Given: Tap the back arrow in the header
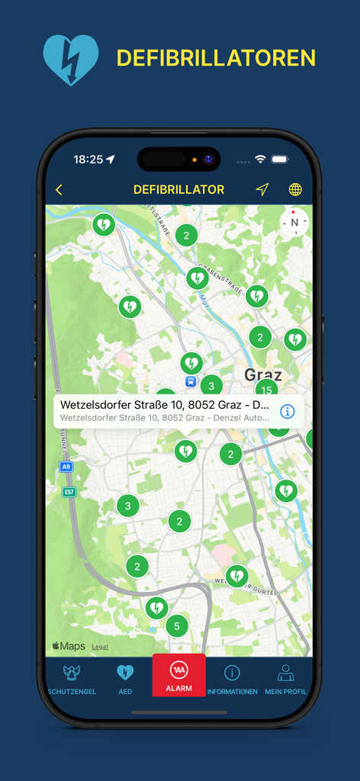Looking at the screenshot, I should click(x=59, y=190).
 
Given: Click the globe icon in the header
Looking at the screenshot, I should click(x=295, y=190).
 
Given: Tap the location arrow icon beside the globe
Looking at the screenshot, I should click(x=262, y=190).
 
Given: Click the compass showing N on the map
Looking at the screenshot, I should click(x=294, y=223).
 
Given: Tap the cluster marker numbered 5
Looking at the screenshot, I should click(x=177, y=626).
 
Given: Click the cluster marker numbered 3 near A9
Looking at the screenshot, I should click(x=127, y=505).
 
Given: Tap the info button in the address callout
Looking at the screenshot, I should click(x=288, y=411).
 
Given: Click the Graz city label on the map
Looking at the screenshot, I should click(x=263, y=374).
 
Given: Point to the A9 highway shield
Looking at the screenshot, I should click(x=66, y=467).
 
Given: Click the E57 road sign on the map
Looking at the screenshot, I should click(x=69, y=492).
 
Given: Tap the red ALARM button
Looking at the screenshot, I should click(x=179, y=675).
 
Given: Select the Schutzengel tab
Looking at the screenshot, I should click(x=72, y=678).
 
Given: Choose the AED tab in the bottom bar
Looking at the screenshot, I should click(x=125, y=678).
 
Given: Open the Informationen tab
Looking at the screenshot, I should click(x=232, y=678).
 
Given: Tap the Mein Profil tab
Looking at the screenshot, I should click(x=285, y=678).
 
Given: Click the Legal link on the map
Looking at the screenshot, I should click(x=100, y=647).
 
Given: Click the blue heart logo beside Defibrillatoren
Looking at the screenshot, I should click(x=71, y=59).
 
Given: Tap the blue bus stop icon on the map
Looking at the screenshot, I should click(x=190, y=381).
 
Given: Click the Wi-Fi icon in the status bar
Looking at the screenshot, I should click(x=260, y=159).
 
